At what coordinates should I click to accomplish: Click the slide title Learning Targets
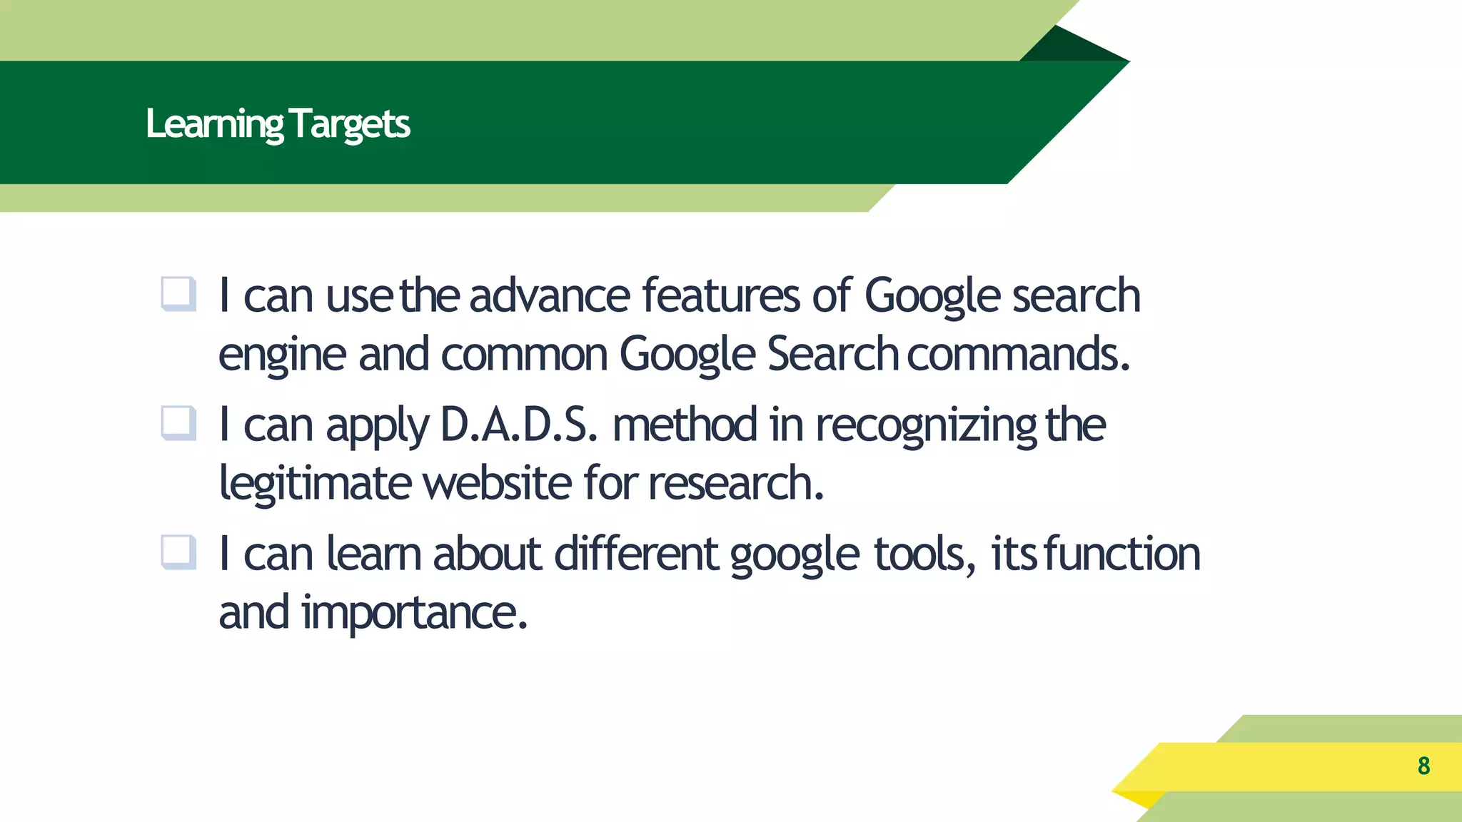point(278,124)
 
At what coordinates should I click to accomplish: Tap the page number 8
point(1423,766)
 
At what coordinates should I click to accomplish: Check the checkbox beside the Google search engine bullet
point(178,294)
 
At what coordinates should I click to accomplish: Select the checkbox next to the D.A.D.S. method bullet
point(178,423)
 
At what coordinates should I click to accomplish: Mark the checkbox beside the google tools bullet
point(178,552)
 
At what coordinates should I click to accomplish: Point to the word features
point(721,295)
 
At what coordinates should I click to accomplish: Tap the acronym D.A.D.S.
point(518,425)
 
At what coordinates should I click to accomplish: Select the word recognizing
point(926,426)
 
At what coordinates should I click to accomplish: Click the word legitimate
point(315,484)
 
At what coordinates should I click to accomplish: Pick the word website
point(497,483)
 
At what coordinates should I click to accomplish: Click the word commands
point(1018,354)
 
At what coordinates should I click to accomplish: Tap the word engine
point(282,355)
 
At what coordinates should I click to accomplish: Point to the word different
point(636,554)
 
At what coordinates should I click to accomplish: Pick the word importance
point(414,613)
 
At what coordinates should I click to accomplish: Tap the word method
point(685,425)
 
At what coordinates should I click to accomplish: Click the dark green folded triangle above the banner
point(1071,47)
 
